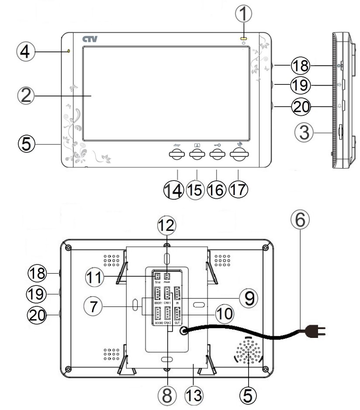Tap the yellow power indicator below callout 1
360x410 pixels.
coord(243,38)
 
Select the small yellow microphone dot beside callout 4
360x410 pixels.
coord(69,52)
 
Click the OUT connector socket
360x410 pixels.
coord(177,314)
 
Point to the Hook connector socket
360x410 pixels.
coord(167,276)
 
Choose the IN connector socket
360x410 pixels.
coord(177,292)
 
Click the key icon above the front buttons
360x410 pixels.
coord(215,145)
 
